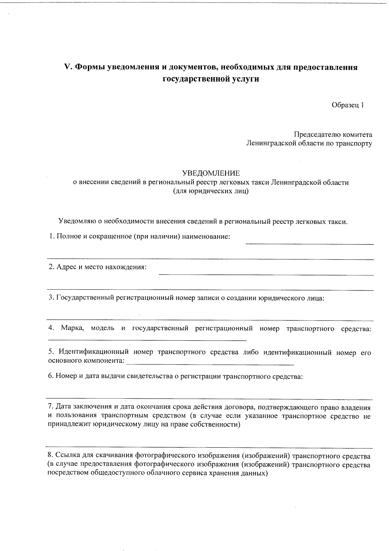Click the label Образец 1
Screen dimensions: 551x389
click(348, 105)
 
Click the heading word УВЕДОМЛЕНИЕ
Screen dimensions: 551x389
click(211, 173)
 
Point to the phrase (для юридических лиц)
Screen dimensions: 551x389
click(211, 191)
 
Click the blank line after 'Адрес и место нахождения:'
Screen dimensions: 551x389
click(266, 275)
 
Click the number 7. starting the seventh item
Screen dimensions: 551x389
click(51, 407)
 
